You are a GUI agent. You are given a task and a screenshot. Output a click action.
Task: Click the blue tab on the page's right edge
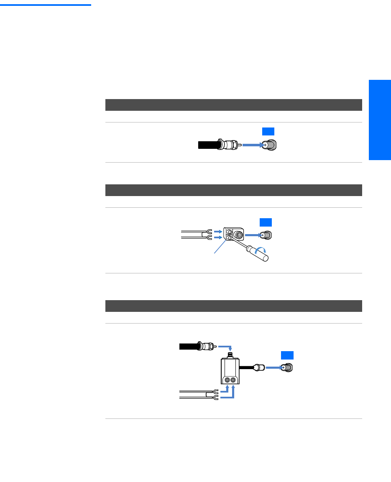(380, 120)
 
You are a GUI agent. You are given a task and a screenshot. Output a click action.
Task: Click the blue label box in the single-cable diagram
(268, 131)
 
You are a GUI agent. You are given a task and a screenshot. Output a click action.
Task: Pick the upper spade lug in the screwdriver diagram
(209, 231)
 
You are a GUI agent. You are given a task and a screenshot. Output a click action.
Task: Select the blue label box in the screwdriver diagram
(265, 222)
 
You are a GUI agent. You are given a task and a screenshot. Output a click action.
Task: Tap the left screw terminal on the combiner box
(227, 380)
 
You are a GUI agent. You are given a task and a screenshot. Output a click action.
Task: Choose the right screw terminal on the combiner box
(233, 380)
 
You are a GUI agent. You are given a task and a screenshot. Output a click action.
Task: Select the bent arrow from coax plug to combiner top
(225, 347)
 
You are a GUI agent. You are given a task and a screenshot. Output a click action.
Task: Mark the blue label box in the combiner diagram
(287, 355)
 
